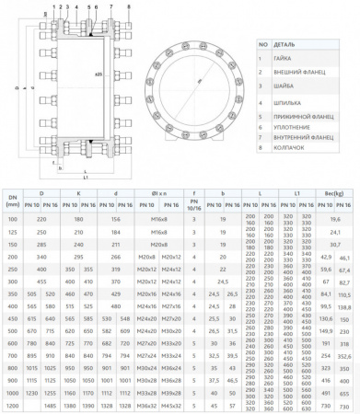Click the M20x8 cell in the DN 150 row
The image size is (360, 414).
pos(158,247)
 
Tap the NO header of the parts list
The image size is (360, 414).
pos(262,42)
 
